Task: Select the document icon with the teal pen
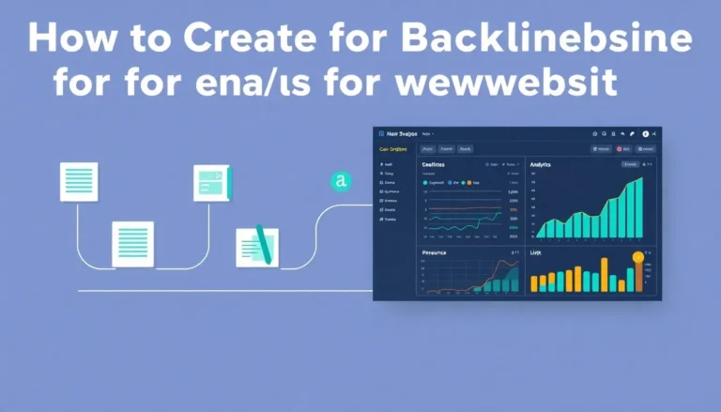(x=257, y=245)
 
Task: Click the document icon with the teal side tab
(x=211, y=182)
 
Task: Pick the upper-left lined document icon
(x=79, y=181)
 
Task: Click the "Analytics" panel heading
(x=546, y=164)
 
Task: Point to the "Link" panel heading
(x=536, y=252)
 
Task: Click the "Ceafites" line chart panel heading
(x=433, y=164)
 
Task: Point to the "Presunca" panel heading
(x=434, y=252)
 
